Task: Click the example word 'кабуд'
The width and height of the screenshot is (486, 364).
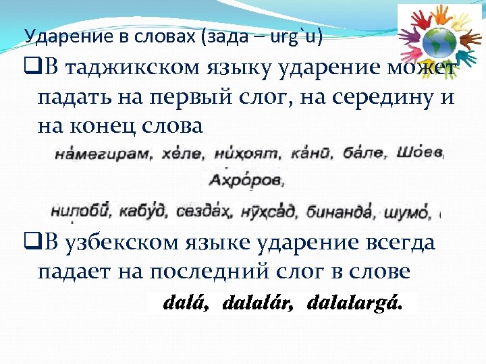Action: [140, 212]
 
